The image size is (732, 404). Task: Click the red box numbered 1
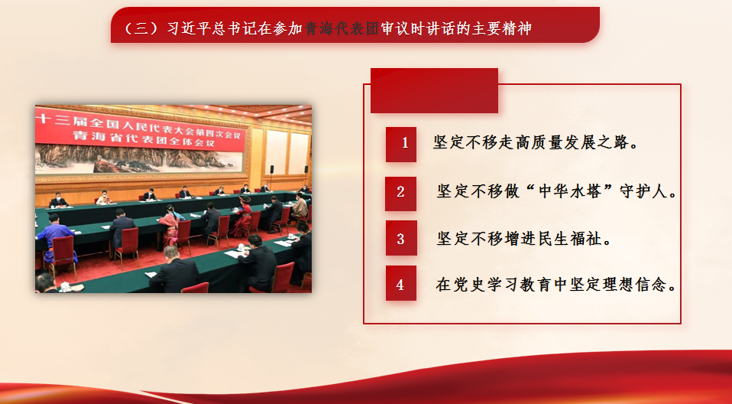click(401, 145)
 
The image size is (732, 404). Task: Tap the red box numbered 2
click(400, 194)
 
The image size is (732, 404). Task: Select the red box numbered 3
click(401, 238)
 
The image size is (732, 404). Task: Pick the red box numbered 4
click(400, 283)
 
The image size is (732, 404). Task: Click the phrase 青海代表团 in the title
click(342, 28)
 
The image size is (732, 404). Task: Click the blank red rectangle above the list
click(434, 91)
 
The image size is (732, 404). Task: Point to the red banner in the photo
click(140, 129)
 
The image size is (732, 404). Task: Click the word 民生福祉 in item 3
click(571, 239)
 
